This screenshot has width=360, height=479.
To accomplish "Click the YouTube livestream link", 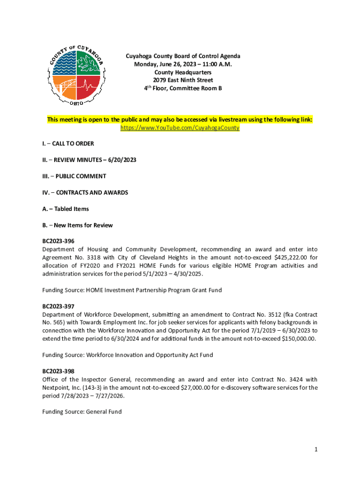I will (x=180, y=128).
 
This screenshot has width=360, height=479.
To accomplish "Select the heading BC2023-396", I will (x=58, y=241).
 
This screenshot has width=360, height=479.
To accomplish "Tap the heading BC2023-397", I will (x=58, y=306).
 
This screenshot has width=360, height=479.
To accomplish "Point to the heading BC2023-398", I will (x=58, y=371).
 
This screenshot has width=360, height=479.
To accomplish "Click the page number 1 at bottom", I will (x=316, y=450).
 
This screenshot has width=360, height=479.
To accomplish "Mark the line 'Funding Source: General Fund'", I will (x=82, y=412).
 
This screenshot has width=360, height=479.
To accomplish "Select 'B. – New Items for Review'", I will (x=77, y=225).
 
